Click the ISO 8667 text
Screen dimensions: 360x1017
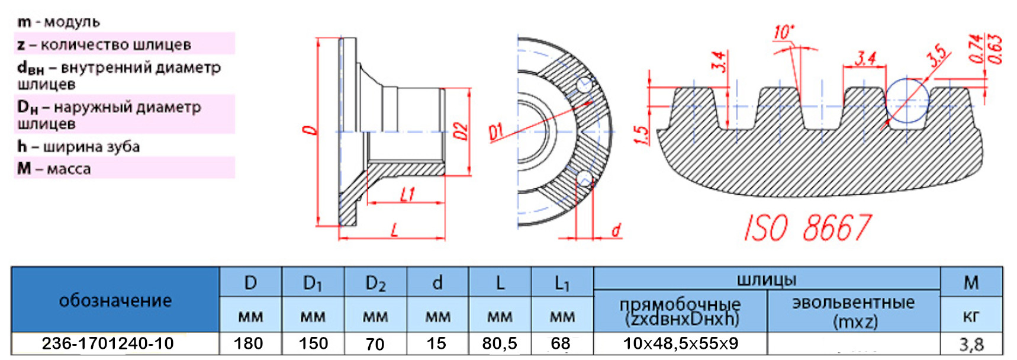pos(807,227)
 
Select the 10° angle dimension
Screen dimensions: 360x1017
pos(784,32)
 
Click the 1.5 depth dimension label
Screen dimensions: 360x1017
pos(641,134)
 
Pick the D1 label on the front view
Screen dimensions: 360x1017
pos(496,132)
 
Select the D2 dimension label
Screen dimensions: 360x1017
pos(461,131)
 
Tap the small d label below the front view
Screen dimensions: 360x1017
pos(616,230)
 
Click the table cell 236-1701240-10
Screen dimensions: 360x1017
pos(108,343)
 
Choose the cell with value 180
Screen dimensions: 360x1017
pos(249,343)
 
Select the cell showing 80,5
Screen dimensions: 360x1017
pos(500,343)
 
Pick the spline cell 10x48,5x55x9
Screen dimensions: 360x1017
pos(680,343)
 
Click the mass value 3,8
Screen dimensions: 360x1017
pos(971,344)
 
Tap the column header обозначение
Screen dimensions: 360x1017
pos(115,300)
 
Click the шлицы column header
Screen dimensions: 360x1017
pos(767,279)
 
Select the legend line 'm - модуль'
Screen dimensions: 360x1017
pos(59,22)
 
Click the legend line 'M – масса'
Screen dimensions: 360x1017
pos(54,169)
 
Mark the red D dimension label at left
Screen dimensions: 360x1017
pos(309,130)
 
